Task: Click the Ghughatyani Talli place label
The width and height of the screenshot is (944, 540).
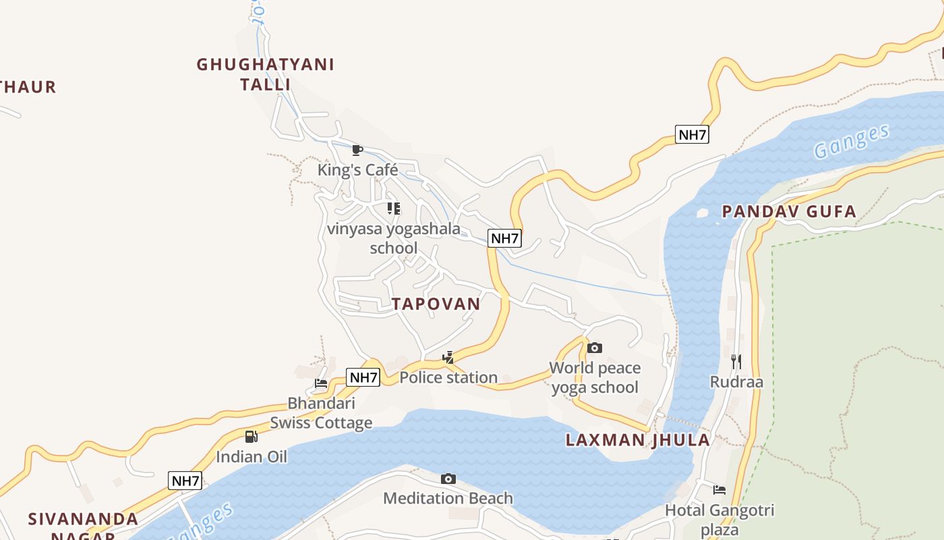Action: pos(265,74)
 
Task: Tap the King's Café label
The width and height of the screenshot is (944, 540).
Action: pos(357,170)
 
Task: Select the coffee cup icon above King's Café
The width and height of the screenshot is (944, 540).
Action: pos(357,150)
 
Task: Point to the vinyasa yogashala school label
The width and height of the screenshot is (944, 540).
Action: pos(394,238)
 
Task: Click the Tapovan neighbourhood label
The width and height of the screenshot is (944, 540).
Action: pos(436,304)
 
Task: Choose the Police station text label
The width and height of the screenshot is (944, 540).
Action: pos(448,377)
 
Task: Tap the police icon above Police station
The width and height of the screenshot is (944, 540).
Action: pos(448,357)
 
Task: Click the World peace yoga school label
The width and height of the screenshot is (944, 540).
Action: pos(595,377)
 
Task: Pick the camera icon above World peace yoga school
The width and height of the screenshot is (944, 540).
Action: pos(594,348)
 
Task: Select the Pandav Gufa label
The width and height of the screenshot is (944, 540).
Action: pos(789,211)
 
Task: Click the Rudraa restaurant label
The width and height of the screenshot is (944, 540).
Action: pos(736,382)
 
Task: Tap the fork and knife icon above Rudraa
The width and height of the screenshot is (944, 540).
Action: pos(736,362)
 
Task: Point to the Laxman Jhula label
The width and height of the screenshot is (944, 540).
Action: pos(637,440)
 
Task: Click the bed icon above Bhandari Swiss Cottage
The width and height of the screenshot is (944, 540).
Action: pos(321,383)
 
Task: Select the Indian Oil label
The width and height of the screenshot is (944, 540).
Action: pos(252,457)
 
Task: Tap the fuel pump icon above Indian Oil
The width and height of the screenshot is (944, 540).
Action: pos(251,437)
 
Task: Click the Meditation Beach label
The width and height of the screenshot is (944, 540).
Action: pos(448,499)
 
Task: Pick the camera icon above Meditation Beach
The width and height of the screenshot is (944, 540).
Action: pos(448,479)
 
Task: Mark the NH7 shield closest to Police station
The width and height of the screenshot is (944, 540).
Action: pos(363,377)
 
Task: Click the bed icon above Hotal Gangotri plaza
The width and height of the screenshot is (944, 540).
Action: pos(719,490)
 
